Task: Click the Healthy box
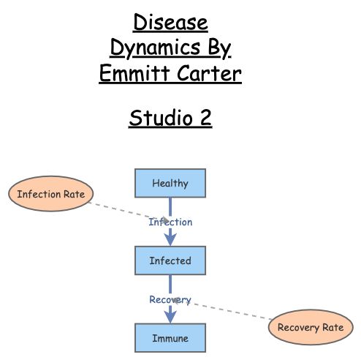(x=170, y=183)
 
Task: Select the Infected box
(x=170, y=260)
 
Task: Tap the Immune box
(x=170, y=338)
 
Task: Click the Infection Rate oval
(x=50, y=195)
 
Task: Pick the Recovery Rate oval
(x=311, y=328)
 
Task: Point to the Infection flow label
(x=170, y=222)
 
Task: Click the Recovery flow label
(x=170, y=299)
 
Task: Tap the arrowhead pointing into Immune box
(x=170, y=318)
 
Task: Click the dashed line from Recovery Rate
(x=234, y=311)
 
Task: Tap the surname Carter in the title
(x=210, y=73)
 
